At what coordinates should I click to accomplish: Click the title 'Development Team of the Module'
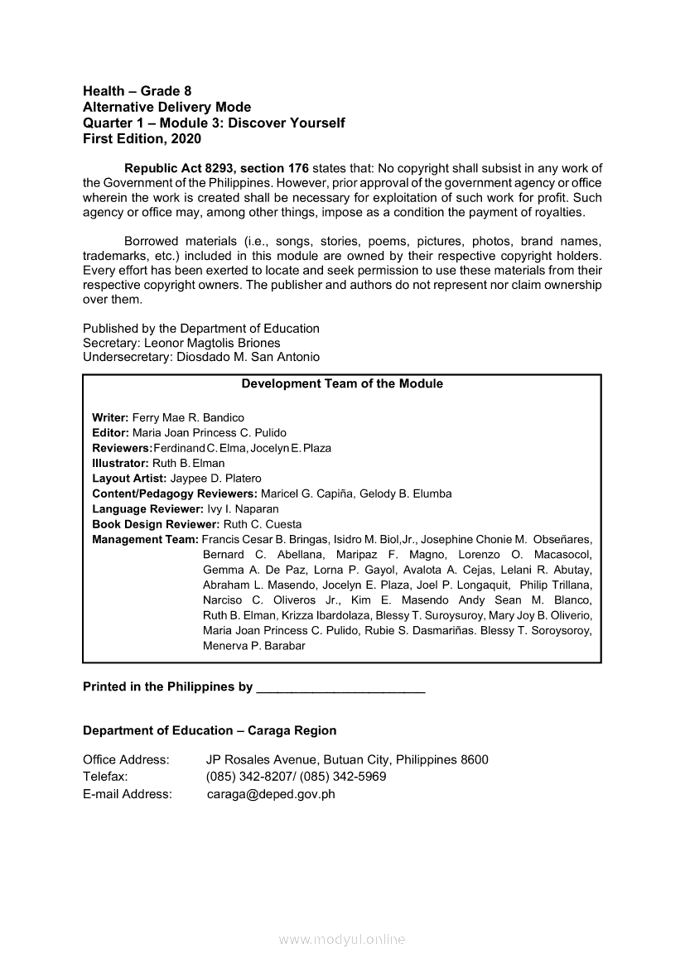[x=341, y=384]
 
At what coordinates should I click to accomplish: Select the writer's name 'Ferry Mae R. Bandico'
[x=188, y=417]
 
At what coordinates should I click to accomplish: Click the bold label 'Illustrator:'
[x=120, y=463]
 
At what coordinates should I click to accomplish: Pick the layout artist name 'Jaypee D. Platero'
[x=215, y=479]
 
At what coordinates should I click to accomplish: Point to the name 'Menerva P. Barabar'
[x=253, y=646]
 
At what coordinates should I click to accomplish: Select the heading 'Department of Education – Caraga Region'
[x=210, y=730]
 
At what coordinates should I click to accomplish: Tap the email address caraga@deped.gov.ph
[x=271, y=794]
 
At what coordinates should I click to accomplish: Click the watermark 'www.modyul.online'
[x=342, y=939]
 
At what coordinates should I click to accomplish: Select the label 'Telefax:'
[x=105, y=777]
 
